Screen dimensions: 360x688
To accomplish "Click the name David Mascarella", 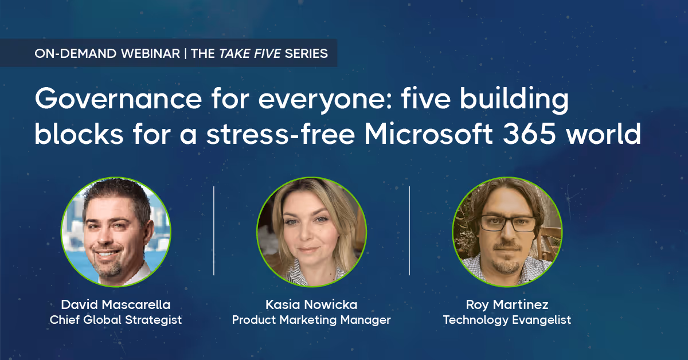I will pyautogui.click(x=116, y=304).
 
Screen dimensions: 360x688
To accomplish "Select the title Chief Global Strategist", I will pyautogui.click(x=116, y=320).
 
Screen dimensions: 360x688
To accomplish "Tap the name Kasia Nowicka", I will pyautogui.click(x=311, y=304).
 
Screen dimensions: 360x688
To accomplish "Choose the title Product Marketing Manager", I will pyautogui.click(x=311, y=320).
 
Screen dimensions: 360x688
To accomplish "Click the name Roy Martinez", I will pyautogui.click(x=507, y=304).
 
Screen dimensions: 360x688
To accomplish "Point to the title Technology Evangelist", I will pyautogui.click(x=507, y=320).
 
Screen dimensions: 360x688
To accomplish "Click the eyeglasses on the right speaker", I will pyautogui.click(x=507, y=224).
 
